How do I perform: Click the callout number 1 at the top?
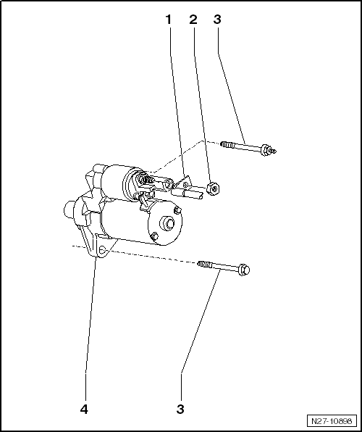pos(168,20)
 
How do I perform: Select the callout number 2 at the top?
pos(193,20)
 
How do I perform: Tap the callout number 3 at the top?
pos(217,20)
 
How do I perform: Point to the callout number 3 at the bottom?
pos(180,409)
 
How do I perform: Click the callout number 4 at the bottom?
pos(84,409)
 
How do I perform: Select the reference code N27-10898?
pos(332,421)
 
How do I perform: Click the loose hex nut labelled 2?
pos(213,188)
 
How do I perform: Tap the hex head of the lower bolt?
pos(244,270)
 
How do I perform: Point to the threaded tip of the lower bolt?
pos(204,265)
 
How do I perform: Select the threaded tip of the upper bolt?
pos(227,144)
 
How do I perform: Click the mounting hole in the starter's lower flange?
pos(102,250)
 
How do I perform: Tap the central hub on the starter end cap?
pos(168,223)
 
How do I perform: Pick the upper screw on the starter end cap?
pos(177,211)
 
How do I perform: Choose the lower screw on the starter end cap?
pos(155,236)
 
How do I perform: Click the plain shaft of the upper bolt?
pos(248,146)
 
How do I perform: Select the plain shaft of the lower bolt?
pos(225,267)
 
